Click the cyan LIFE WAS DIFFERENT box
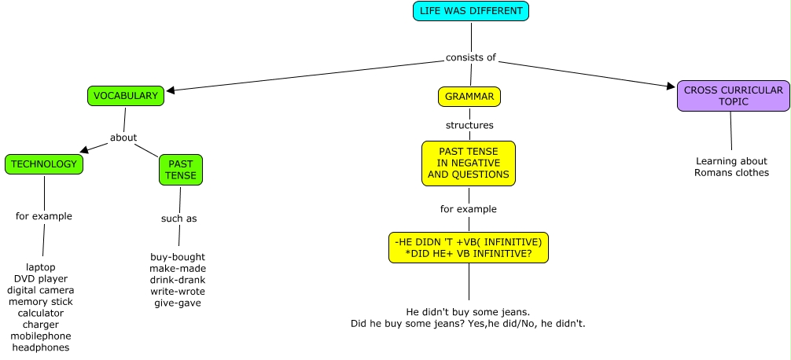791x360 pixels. (x=471, y=12)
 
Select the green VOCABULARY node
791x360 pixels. (x=126, y=96)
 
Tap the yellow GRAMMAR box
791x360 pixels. (x=469, y=97)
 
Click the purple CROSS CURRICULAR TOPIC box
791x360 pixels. (x=733, y=96)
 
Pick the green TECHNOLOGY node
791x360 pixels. (x=44, y=164)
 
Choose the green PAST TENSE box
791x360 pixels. (x=181, y=170)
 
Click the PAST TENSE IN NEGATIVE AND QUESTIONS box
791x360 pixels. (x=469, y=163)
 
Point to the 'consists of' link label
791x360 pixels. (x=471, y=57)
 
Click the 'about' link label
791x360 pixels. (x=123, y=138)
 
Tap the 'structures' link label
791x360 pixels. (x=469, y=125)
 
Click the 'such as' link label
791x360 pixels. (x=178, y=219)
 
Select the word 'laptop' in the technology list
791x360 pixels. (x=41, y=267)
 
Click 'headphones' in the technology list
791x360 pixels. (x=41, y=347)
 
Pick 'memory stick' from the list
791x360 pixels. (x=41, y=301)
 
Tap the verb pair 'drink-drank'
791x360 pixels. (x=178, y=280)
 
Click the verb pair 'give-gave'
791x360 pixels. (x=178, y=303)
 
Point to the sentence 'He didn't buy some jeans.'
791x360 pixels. (x=468, y=311)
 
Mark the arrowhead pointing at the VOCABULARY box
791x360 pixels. (x=170, y=90)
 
